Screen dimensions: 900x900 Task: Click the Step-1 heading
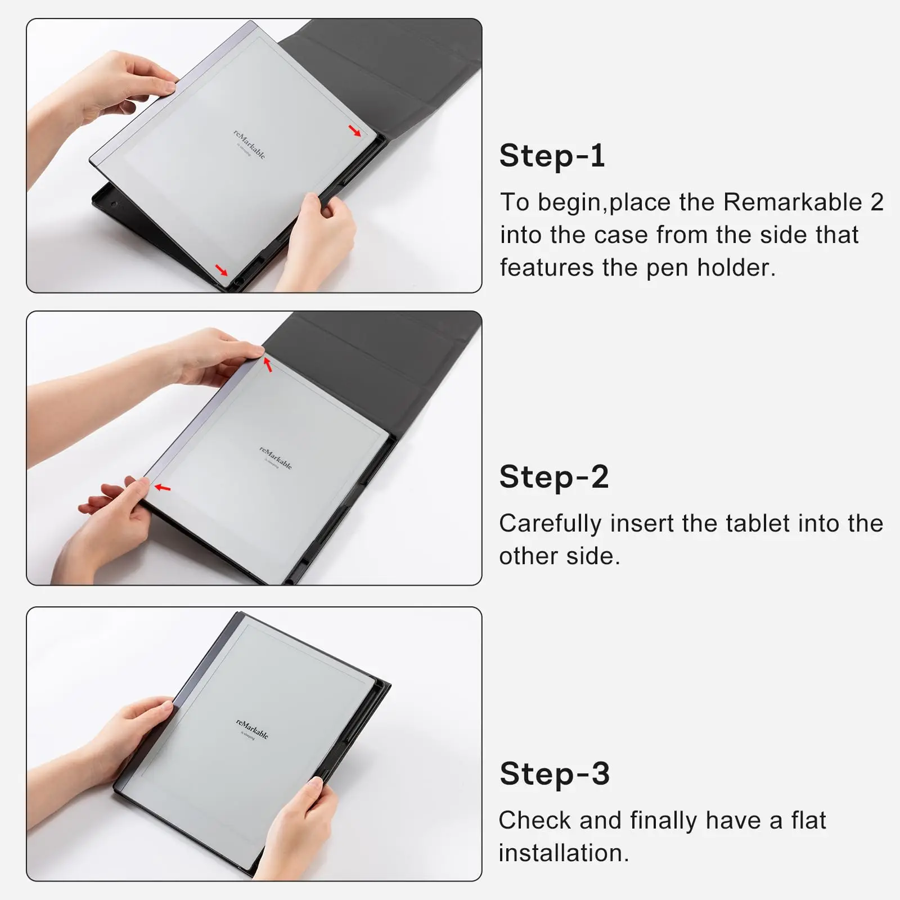point(552,156)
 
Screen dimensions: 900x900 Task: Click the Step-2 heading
point(553,477)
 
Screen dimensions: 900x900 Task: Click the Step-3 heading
point(554,773)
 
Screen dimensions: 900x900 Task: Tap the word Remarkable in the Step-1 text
point(793,202)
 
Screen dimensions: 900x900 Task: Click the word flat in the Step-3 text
point(808,820)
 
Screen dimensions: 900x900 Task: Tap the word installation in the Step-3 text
point(563,853)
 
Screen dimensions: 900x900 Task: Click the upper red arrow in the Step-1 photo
point(355,132)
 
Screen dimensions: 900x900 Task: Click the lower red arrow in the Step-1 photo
point(222,271)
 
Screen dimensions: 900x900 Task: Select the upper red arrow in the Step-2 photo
point(268,365)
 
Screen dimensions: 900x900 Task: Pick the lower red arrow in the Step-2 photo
point(163,488)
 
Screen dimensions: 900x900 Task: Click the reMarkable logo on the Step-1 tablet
point(249,145)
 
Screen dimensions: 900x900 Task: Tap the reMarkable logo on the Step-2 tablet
point(276,458)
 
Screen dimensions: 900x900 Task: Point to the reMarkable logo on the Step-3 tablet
point(252,729)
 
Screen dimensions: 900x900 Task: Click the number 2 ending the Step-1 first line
point(877,202)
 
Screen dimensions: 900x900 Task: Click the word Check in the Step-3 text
point(534,820)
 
